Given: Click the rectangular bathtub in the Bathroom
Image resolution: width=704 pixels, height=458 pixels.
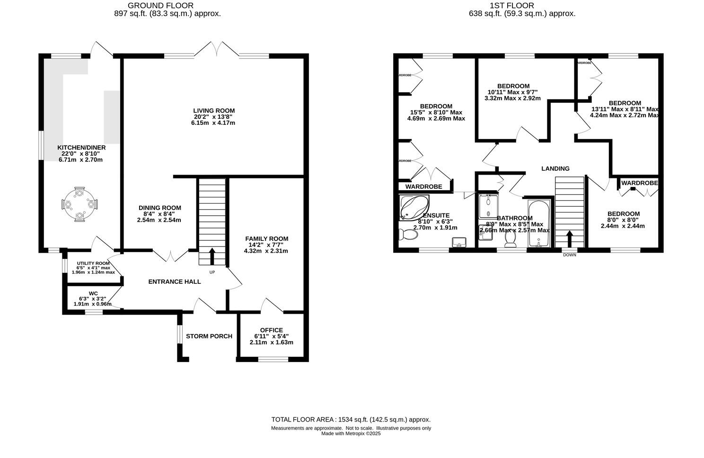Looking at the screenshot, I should click(538, 223).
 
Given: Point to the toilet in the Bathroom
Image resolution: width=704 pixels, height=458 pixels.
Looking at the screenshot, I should click(510, 241).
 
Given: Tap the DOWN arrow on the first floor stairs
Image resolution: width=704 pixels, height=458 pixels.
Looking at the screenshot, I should click(570, 239).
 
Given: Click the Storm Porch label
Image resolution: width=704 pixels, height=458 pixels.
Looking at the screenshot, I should click(209, 336).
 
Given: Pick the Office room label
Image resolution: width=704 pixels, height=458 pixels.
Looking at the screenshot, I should click(271, 330).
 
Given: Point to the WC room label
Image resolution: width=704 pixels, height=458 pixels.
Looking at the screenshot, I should click(93, 293).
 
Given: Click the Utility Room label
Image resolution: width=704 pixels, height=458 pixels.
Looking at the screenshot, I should click(93, 264).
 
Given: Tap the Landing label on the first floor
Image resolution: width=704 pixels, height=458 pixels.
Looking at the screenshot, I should click(555, 168).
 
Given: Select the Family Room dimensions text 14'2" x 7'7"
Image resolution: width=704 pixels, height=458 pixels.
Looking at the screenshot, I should click(265, 245).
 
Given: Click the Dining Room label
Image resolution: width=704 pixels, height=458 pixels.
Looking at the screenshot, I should click(159, 208).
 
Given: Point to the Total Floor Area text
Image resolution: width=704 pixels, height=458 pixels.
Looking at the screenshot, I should click(351, 419).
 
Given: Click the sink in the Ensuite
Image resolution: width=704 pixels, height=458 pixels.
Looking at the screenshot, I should click(458, 242).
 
